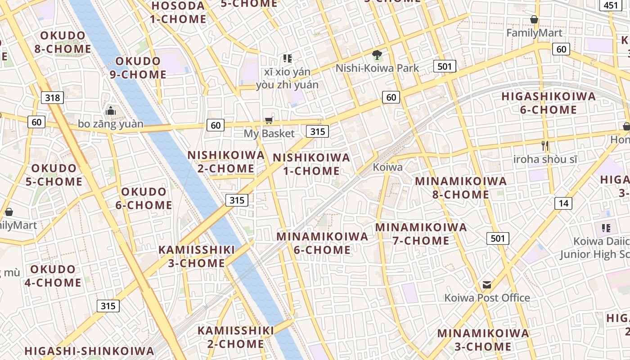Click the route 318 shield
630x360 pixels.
pos(52,97)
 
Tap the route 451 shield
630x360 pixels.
pos(611,5)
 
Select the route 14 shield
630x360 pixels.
pos(563,203)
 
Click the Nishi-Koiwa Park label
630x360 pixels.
pos(378,68)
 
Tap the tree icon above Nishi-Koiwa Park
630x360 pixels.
pos(377,55)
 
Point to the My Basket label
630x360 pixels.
pos(269,134)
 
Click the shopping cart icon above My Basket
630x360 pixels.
pos(269,120)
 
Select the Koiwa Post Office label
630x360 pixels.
pos(487,298)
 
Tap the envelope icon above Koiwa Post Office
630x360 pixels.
pos(487,285)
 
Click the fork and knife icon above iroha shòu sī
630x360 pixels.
pos(545,146)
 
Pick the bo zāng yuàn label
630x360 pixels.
pos(111,124)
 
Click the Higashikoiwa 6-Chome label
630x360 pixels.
pos(548,103)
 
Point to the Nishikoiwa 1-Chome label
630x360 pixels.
pos(311,164)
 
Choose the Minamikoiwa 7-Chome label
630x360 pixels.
pos(421,234)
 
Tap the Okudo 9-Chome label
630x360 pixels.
pos(138,68)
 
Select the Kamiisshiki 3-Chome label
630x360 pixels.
pos(197,256)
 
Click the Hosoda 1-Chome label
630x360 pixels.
pos(178,13)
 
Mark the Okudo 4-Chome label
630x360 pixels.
pos(56,276)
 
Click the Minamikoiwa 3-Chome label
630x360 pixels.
pos(483,340)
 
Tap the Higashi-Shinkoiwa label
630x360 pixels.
pos(89,351)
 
